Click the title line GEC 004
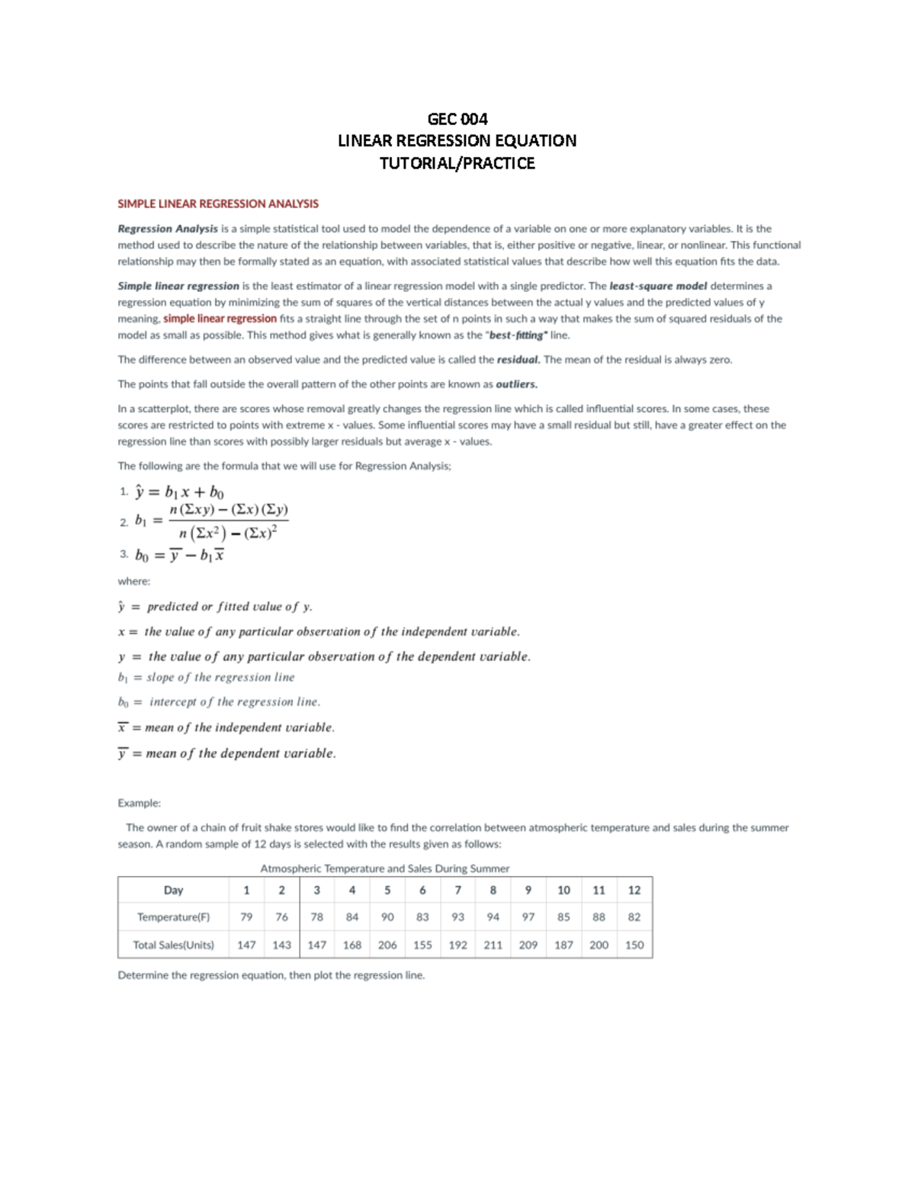click(x=457, y=119)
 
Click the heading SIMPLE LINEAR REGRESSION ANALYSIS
click(x=218, y=204)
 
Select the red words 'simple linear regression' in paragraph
click(x=220, y=319)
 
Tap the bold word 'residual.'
click(x=518, y=360)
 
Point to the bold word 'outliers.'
click(x=516, y=384)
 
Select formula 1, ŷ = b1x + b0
click(x=179, y=492)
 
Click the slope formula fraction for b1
click(x=228, y=521)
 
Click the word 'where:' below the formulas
click(x=133, y=581)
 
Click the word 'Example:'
click(x=139, y=803)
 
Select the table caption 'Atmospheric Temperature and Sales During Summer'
click(x=384, y=868)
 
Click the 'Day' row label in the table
click(x=173, y=890)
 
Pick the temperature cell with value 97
click(x=528, y=917)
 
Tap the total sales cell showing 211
click(x=493, y=945)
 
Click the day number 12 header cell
click(x=634, y=890)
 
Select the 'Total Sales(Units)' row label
click(x=173, y=945)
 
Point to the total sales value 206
click(x=387, y=945)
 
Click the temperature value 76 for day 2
click(x=281, y=917)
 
